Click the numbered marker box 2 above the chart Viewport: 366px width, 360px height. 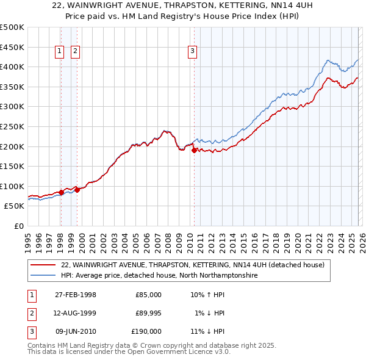[x=75, y=52]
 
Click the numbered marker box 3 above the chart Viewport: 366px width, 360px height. [x=192, y=52]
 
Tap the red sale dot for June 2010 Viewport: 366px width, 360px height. [x=194, y=150]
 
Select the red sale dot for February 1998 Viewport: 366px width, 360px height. [x=61, y=192]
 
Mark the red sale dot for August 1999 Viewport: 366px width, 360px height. [x=77, y=190]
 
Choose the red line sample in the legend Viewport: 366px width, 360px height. [x=43, y=265]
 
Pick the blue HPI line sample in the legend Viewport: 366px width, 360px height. [x=43, y=275]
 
